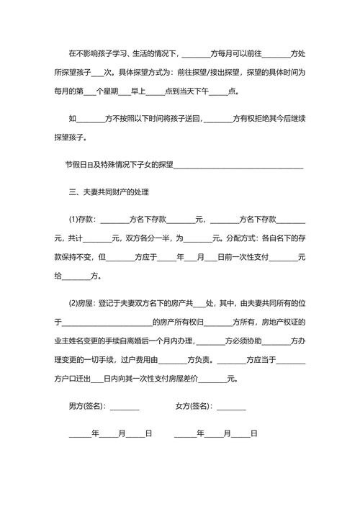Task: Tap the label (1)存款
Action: tap(83, 220)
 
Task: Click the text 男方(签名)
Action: tap(87, 406)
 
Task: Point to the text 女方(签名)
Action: tap(194, 406)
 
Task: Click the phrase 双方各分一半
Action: tap(149, 238)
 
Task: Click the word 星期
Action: tap(126, 91)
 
